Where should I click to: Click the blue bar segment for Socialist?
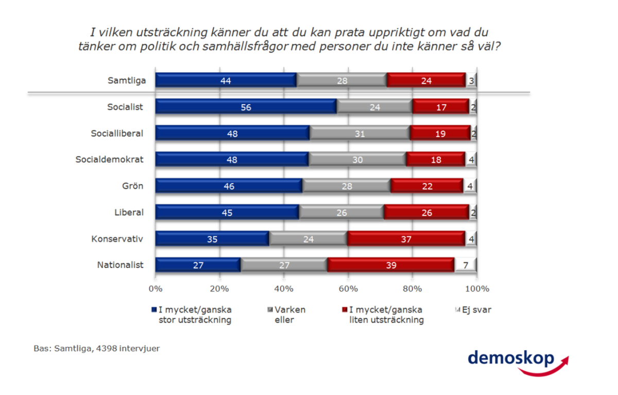click(x=246, y=107)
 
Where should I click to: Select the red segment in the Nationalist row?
click(x=390, y=265)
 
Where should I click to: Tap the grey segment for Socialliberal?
click(x=359, y=133)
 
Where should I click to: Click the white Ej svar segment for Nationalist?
click(x=465, y=265)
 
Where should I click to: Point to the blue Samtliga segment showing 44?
click(x=226, y=80)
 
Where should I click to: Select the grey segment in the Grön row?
click(x=346, y=186)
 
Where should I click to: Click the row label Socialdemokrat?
click(x=109, y=159)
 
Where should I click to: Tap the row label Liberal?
click(x=129, y=212)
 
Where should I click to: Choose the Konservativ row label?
click(x=117, y=239)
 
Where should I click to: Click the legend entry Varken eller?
click(x=289, y=315)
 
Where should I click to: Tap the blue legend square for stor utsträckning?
click(x=153, y=310)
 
